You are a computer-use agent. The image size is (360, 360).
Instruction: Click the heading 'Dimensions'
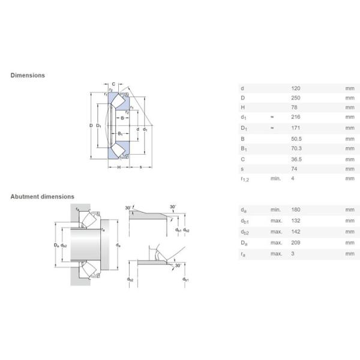point(28,76)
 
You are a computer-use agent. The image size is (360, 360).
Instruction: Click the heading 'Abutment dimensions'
point(42,196)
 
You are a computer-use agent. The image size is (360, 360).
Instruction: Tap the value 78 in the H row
point(293,107)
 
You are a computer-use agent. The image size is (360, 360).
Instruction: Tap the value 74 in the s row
point(293,169)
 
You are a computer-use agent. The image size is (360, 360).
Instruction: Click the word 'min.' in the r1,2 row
point(275,179)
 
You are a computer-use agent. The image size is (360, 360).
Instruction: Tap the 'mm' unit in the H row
point(350,107)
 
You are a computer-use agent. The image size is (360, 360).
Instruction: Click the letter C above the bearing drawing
point(114,83)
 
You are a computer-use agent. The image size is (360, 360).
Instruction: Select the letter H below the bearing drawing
point(119,166)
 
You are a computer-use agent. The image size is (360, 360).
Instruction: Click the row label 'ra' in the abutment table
point(242,254)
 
